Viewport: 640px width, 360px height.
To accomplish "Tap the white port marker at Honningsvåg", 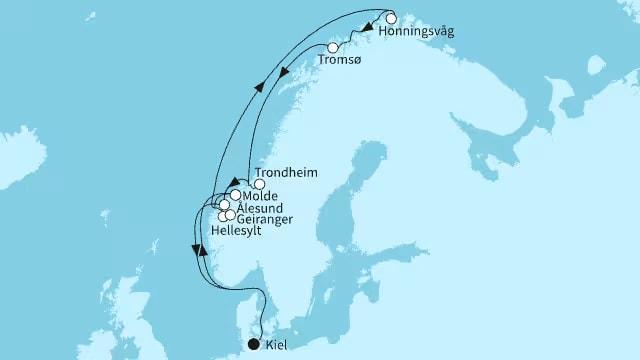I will pyautogui.click(x=391, y=18).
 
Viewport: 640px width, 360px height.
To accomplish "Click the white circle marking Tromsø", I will pyautogui.click(x=333, y=48).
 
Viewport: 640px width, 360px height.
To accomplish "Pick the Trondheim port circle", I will pyautogui.click(x=259, y=184).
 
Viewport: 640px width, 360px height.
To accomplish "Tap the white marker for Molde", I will pyautogui.click(x=235, y=196).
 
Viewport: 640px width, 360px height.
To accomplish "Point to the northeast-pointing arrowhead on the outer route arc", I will pyautogui.click(x=262, y=88).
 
